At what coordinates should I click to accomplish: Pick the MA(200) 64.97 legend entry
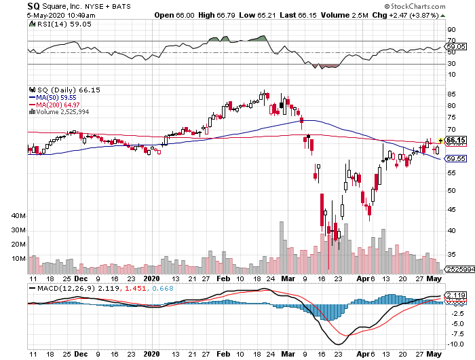point(58,105)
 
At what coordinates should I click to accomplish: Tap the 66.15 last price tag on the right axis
point(455,141)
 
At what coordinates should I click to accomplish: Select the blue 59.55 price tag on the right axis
point(455,159)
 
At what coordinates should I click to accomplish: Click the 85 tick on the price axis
point(451,93)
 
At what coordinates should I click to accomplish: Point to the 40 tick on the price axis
point(451,230)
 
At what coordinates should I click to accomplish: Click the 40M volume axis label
point(18,215)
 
